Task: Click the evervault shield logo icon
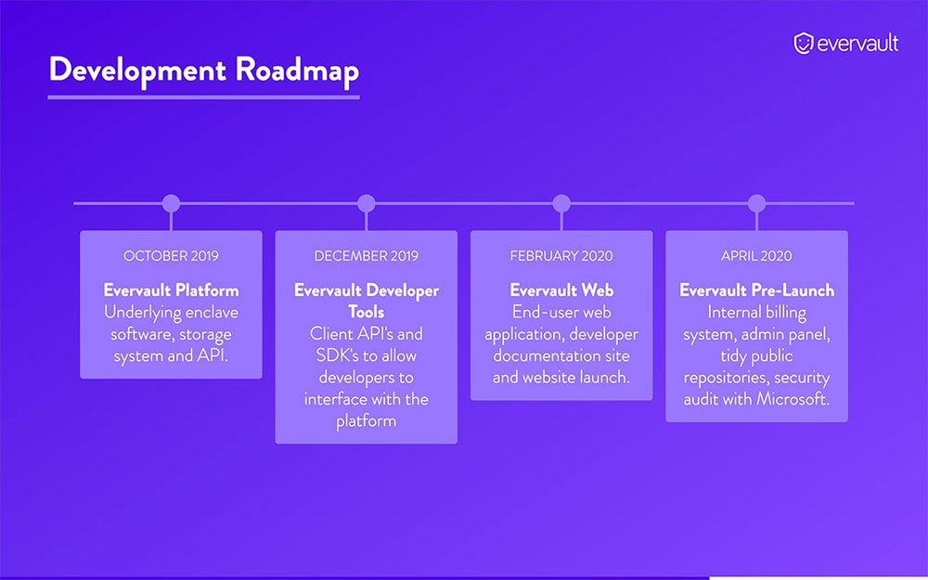pos(804,43)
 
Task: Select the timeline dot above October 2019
pos(171,203)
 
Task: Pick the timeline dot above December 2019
pos(367,203)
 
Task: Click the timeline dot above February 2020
pos(561,203)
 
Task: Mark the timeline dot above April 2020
pos(757,203)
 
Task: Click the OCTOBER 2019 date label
pos(171,255)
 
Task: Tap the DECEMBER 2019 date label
pos(367,255)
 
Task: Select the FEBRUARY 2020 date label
pos(561,255)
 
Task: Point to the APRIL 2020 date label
pos(757,255)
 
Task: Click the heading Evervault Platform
pos(171,290)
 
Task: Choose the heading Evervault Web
pos(561,290)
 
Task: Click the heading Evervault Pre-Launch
pos(757,290)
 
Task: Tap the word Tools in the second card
pos(367,312)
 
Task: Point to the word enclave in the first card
pos(206,312)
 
